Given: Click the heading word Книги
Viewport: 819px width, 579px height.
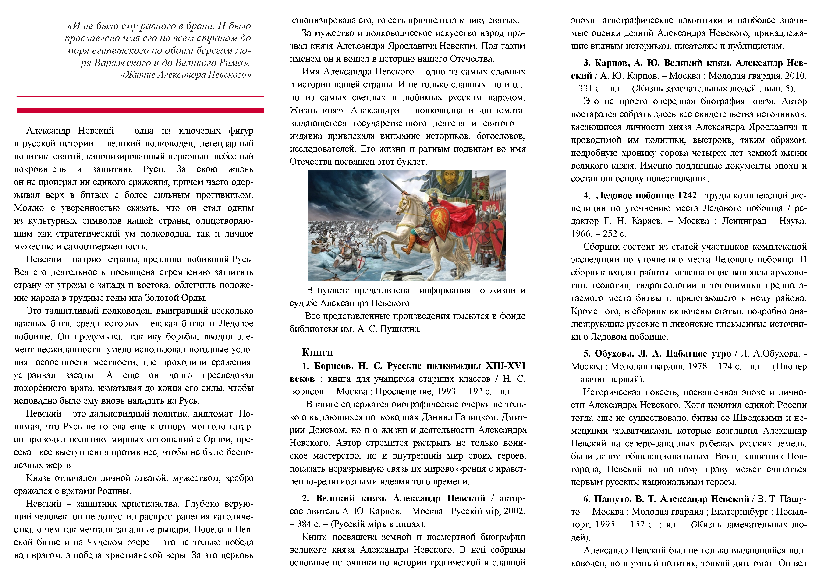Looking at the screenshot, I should (317, 352).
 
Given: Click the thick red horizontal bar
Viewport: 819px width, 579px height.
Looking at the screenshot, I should (140, 110).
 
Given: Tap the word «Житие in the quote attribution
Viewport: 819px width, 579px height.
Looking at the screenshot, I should (138, 75).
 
